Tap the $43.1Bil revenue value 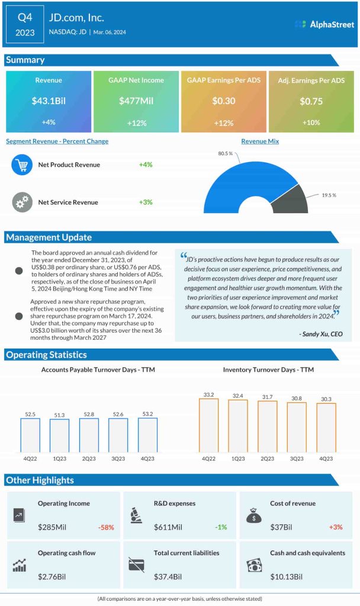pyautogui.click(x=49, y=101)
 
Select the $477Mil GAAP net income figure pyautogui.click(x=136, y=101)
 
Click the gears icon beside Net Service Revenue pyautogui.click(x=22, y=202)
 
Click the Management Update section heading pyautogui.click(x=49, y=237)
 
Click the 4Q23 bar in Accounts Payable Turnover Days pyautogui.click(x=147, y=435)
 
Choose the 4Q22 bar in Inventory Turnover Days pyautogui.click(x=208, y=425)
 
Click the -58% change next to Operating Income pyautogui.click(x=105, y=527)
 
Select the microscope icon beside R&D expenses pyautogui.click(x=135, y=515)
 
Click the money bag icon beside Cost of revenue pyautogui.click(x=253, y=515)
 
